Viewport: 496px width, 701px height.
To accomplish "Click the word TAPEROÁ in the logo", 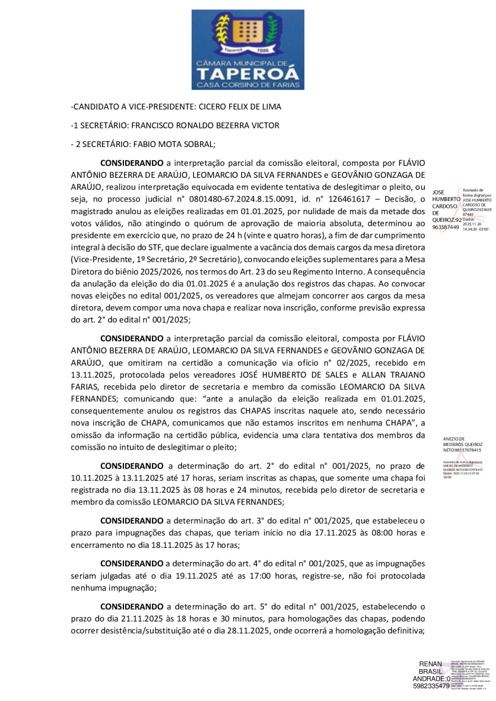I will tap(247, 74).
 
